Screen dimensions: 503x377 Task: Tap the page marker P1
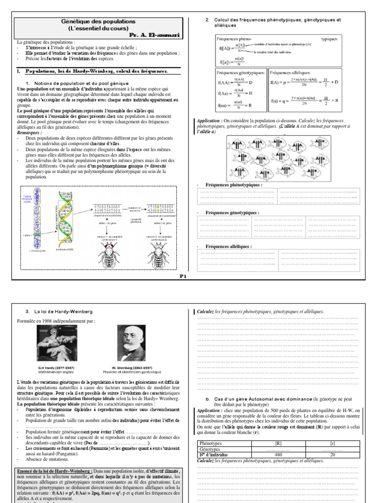pyautogui.click(x=183, y=277)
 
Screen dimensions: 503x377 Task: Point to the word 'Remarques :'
pyautogui.click(x=29, y=133)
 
